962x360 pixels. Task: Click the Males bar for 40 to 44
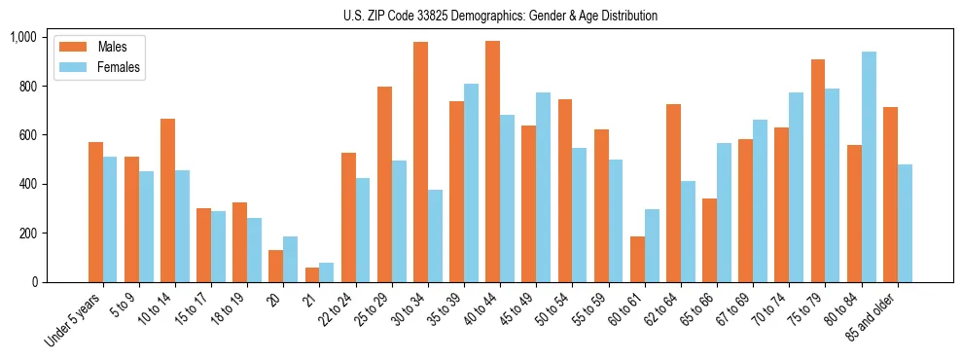pos(492,162)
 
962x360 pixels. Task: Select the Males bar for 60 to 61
pos(637,260)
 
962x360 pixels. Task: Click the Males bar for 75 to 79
pos(818,171)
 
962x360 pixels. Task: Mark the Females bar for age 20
pos(290,260)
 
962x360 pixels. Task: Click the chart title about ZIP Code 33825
pos(500,16)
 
